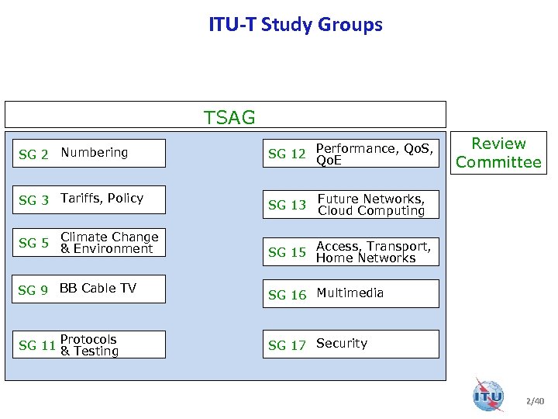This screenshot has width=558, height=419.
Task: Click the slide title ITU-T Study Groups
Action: [x=295, y=25]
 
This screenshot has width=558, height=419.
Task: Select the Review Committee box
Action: [x=498, y=153]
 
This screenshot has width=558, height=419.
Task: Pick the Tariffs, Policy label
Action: [x=102, y=198]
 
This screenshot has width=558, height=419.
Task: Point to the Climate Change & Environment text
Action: [x=109, y=243]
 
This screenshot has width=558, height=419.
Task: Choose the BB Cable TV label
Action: [x=98, y=288]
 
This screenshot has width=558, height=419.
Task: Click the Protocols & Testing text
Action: [x=89, y=345]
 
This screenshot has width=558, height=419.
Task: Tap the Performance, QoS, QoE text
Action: [x=374, y=154]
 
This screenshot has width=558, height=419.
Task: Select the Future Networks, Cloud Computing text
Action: [x=371, y=205]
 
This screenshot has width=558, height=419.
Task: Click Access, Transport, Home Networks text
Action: [x=373, y=252]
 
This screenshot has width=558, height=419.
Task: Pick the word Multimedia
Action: [x=350, y=293]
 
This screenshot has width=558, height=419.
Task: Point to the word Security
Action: [x=342, y=343]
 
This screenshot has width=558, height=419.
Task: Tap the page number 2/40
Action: [x=535, y=401]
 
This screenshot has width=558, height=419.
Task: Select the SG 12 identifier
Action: [x=287, y=154]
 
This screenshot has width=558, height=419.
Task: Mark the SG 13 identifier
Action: [x=287, y=206]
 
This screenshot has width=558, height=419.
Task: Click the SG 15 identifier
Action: [x=287, y=252]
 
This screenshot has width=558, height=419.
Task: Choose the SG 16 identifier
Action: [x=287, y=295]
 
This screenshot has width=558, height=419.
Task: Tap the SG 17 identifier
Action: [x=287, y=345]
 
